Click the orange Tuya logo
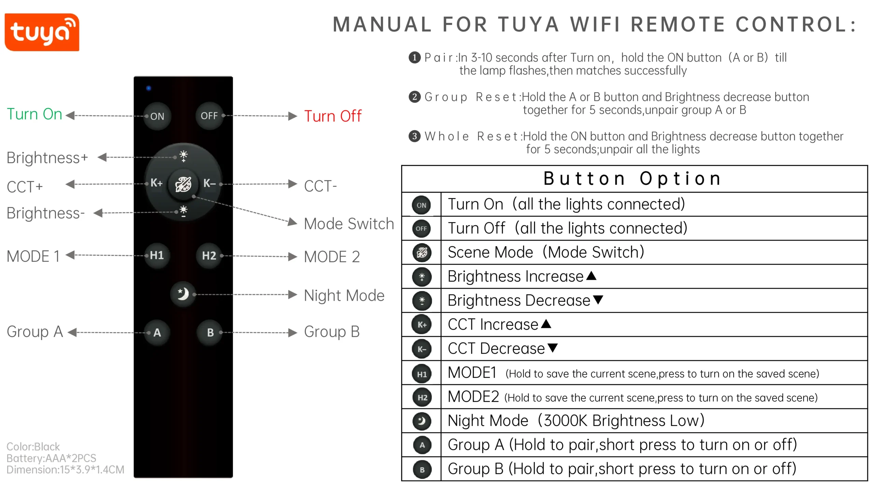[x=42, y=32]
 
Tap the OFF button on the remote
[x=209, y=116]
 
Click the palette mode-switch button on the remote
[x=183, y=184]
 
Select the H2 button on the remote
[x=209, y=256]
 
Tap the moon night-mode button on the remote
[x=183, y=294]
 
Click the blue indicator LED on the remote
[x=149, y=88]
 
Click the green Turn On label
[x=34, y=114]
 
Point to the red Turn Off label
[x=333, y=116]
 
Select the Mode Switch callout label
[x=349, y=224]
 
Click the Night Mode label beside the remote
[x=344, y=296]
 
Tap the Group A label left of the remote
[x=35, y=332]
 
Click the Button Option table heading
[x=633, y=179]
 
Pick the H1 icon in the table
[x=422, y=374]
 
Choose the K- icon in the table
[x=422, y=349]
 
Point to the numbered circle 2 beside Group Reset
[x=414, y=97]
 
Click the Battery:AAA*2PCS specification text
[x=51, y=458]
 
